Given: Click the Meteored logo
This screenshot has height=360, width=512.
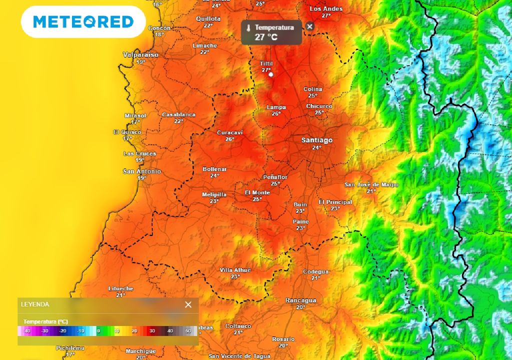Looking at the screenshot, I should pyautogui.click(x=83, y=21).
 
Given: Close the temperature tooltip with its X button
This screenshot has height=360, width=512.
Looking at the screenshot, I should pyautogui.click(x=310, y=26).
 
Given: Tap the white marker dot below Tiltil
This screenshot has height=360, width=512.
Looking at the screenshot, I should pyautogui.click(x=270, y=74).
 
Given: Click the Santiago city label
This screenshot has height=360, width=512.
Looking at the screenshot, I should pyautogui.click(x=316, y=140).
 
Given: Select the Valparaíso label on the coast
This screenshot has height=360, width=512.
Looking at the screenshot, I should pyautogui.click(x=140, y=54).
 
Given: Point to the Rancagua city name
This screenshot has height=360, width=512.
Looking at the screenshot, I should pyautogui.click(x=300, y=300).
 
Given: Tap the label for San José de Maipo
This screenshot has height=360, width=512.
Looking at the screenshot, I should pyautogui.click(x=371, y=184).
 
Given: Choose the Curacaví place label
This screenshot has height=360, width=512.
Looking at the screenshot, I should pyautogui.click(x=229, y=132).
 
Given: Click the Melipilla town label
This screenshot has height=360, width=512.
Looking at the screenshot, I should pyautogui.click(x=214, y=194).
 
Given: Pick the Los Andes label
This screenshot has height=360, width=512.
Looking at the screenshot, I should pyautogui.click(x=326, y=9).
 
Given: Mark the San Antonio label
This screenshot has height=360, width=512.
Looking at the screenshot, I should pyautogui.click(x=142, y=171).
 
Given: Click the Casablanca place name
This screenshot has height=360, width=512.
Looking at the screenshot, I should pyautogui.click(x=178, y=114).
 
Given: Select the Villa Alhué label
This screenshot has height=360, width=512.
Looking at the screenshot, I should pyautogui.click(x=235, y=270).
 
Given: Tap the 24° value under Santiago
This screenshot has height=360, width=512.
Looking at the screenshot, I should pyautogui.click(x=316, y=148).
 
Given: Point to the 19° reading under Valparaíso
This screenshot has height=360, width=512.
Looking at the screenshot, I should pyautogui.click(x=140, y=62).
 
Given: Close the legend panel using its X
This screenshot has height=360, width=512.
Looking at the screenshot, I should pyautogui.click(x=188, y=304).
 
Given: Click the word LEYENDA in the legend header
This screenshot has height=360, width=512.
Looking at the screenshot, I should pyautogui.click(x=35, y=304).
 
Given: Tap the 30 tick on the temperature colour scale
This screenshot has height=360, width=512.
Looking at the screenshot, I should pyautogui.click(x=152, y=330).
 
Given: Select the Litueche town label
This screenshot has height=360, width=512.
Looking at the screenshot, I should pyautogui.click(x=121, y=288).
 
